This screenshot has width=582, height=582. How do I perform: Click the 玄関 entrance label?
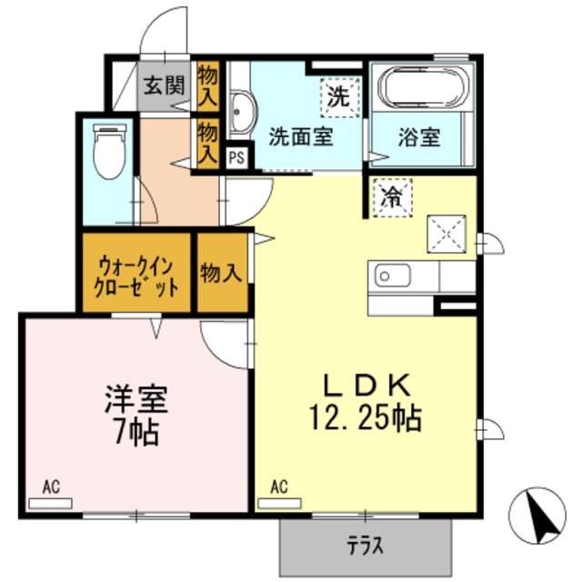click(163, 87)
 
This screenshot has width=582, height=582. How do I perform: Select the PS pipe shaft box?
click(236, 156)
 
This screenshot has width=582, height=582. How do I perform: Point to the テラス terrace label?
click(364, 547)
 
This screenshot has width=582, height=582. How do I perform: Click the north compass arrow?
click(537, 517)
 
